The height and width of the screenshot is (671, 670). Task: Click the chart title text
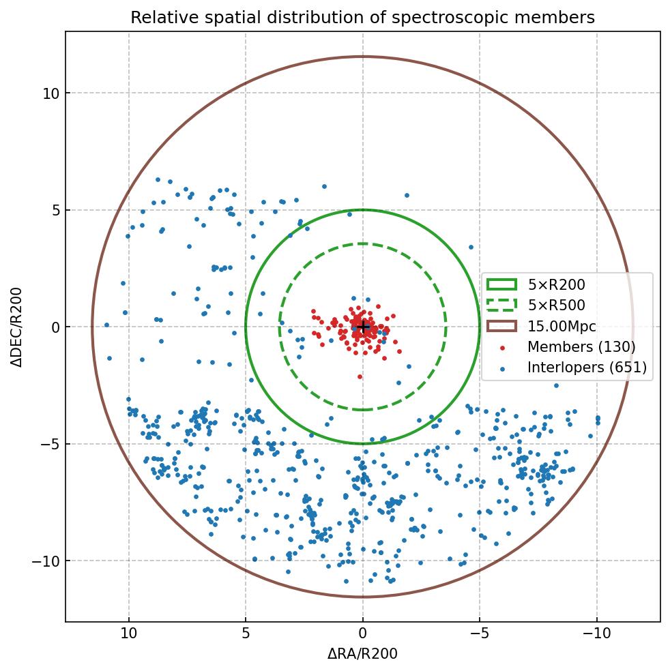(x=362, y=17)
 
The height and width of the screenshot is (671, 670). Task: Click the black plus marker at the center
(x=363, y=327)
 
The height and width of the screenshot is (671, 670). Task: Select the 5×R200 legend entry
(x=556, y=285)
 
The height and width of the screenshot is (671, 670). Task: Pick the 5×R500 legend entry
(x=556, y=305)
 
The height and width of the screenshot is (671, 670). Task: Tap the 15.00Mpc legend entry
(x=562, y=327)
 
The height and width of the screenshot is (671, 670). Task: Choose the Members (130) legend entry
(x=581, y=347)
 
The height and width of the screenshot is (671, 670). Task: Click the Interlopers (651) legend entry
(x=586, y=368)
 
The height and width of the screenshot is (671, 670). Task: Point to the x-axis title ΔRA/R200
(x=362, y=654)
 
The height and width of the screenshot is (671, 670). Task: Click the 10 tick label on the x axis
(x=128, y=633)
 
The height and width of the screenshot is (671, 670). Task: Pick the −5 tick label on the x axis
(x=480, y=633)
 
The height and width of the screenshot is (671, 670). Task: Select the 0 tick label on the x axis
(x=363, y=633)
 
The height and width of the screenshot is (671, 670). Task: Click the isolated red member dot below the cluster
(x=360, y=377)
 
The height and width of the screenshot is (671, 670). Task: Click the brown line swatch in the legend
(x=501, y=327)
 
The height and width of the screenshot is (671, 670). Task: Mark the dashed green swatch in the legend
(x=501, y=305)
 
